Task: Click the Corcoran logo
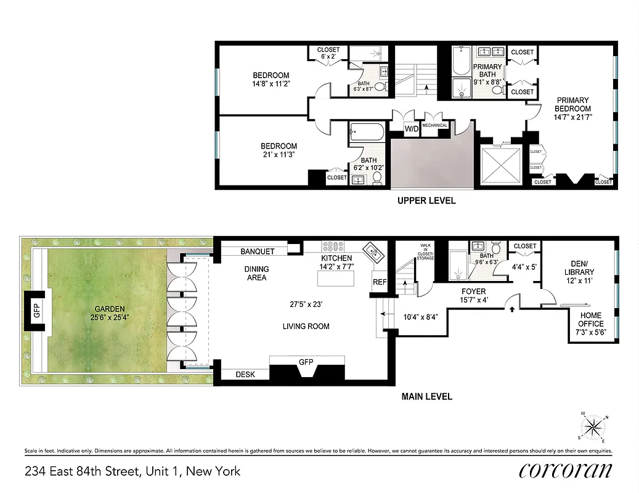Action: (565, 471)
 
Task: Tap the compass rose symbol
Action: (593, 426)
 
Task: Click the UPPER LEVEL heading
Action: (426, 200)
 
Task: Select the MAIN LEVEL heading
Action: (426, 396)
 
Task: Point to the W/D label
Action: (411, 129)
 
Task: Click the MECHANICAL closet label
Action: (435, 125)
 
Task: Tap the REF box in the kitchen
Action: (379, 282)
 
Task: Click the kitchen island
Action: (336, 279)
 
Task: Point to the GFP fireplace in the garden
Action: (36, 310)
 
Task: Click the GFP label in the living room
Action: (306, 362)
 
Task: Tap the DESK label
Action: (244, 374)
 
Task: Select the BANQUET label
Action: (257, 251)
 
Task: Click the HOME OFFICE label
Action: (590, 319)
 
